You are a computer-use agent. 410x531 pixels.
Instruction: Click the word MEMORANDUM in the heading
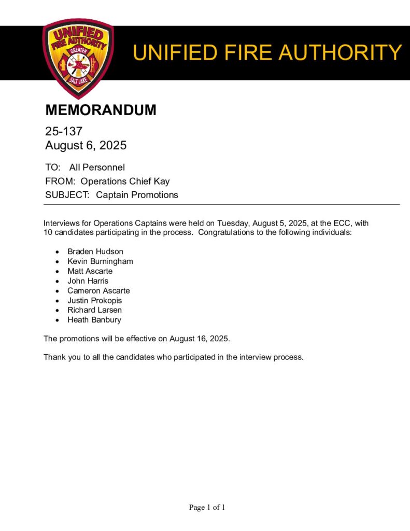[x=101, y=110]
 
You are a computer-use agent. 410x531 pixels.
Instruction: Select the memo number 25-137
[x=64, y=132]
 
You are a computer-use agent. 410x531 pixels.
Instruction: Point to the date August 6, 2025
[x=86, y=146]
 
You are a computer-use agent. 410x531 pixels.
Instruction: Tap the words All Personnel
[x=97, y=167]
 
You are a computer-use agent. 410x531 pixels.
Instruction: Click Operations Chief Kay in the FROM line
[x=125, y=181]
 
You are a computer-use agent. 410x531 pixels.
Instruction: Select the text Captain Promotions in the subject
[x=137, y=195]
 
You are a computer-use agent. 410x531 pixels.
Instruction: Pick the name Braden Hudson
[x=95, y=251]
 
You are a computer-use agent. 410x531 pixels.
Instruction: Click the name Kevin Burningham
[x=100, y=261]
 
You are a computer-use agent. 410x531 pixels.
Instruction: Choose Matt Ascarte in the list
[x=90, y=271]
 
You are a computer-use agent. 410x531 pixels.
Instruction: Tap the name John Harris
[x=88, y=281]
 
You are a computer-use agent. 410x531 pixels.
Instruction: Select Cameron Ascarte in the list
[x=98, y=291]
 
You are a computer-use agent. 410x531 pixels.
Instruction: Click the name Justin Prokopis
[x=94, y=300]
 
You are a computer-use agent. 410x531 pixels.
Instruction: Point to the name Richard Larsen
[x=94, y=310]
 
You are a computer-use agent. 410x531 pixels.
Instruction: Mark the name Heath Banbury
[x=94, y=320]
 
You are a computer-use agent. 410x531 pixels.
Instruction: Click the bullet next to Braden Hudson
[x=58, y=252]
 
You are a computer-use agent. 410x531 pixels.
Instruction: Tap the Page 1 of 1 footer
[x=207, y=508]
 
